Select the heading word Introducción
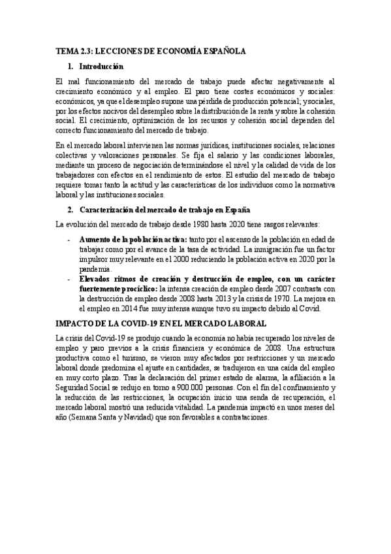(x=101, y=66)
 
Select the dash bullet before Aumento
(x=70, y=240)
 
